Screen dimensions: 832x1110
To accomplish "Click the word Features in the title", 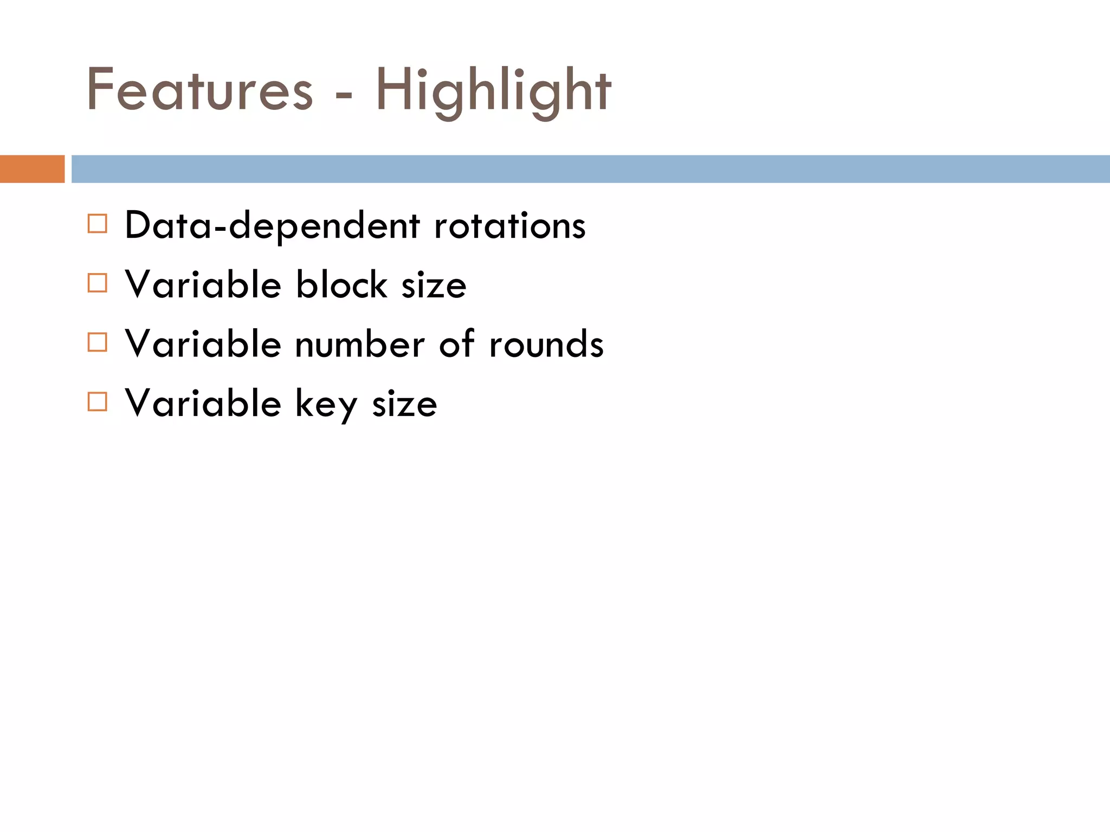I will click(x=199, y=90).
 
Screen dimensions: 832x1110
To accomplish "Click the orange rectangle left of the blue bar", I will click(x=32, y=169).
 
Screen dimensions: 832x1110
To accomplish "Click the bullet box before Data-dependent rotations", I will click(x=97, y=224).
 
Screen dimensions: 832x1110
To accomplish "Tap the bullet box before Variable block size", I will click(x=97, y=283).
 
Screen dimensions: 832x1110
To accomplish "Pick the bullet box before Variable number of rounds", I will click(x=97, y=342).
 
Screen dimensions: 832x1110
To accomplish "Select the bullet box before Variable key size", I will click(x=97, y=402).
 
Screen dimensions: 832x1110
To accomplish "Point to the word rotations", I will click(x=509, y=226).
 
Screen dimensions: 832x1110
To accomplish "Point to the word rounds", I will click(x=546, y=344).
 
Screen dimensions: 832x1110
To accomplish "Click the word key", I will click(x=326, y=404).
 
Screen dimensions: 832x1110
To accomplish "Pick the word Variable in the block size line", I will click(x=203, y=284).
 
